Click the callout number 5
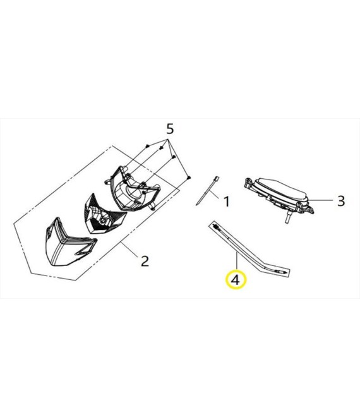pos(169,130)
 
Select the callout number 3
pos(340,201)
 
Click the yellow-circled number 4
pos(236,279)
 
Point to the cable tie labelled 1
pos(207,192)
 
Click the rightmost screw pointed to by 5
pos(189,179)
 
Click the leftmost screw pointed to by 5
pos(147,146)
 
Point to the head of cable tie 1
pos(217,179)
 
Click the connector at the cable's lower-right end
pos(282,270)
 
